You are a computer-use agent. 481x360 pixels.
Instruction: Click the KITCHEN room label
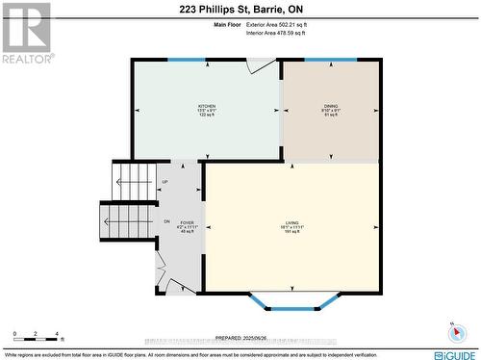coord(207,106)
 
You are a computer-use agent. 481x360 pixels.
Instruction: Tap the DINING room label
coord(331,106)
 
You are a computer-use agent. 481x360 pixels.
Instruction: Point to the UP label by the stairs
coord(165,181)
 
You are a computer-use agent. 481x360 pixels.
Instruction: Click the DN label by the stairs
coord(165,221)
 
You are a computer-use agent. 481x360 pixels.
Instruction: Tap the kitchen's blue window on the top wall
coord(187,61)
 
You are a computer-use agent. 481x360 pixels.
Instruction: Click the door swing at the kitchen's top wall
coord(261,65)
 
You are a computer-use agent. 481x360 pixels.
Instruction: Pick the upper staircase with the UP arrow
coord(134,179)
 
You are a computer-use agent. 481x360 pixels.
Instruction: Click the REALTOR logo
coord(27,33)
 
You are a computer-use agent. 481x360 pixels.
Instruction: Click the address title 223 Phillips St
coord(240,9)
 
